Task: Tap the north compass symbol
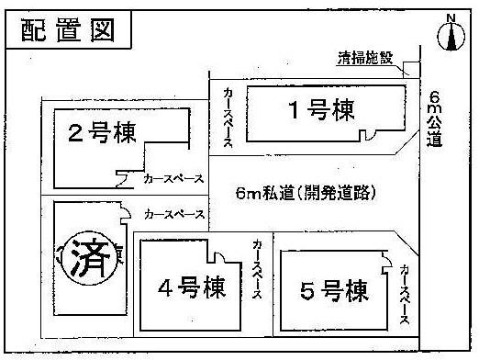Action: point(449,36)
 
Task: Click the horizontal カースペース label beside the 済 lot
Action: point(173,214)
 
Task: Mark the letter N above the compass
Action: point(449,17)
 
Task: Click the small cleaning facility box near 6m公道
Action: point(411,72)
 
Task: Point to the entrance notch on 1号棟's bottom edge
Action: point(366,137)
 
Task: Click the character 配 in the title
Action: point(35,29)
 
